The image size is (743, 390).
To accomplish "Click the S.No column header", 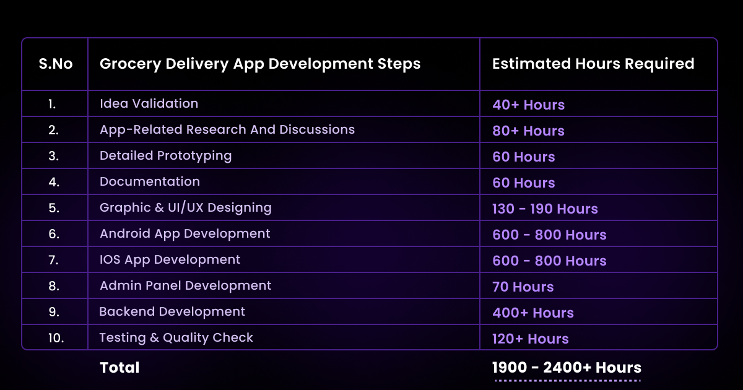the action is [x=56, y=64].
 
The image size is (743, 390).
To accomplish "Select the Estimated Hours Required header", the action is [x=593, y=64].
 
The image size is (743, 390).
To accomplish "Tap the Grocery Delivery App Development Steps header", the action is [x=260, y=64].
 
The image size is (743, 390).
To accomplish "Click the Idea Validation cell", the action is [x=149, y=103].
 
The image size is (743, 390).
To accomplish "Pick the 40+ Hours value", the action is [x=528, y=105].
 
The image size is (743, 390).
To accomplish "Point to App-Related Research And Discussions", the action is [x=227, y=129].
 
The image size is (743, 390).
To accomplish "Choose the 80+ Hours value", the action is [x=528, y=131].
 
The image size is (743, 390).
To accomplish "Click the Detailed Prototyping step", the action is [x=165, y=156].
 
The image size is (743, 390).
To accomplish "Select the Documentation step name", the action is [x=150, y=181].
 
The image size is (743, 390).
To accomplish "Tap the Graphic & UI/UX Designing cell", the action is [x=186, y=208].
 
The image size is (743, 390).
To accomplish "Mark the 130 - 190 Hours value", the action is [x=545, y=209].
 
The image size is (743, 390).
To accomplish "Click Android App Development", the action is [x=185, y=234].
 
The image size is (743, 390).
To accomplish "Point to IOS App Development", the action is [x=170, y=259].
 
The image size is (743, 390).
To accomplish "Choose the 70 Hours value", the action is [x=523, y=287].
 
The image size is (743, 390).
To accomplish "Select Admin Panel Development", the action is [x=185, y=285].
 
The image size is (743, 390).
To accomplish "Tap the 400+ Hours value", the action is [x=533, y=313].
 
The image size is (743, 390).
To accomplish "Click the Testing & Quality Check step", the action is [x=176, y=337].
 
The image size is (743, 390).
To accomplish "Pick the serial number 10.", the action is [x=56, y=338].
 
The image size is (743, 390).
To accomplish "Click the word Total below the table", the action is [x=119, y=368].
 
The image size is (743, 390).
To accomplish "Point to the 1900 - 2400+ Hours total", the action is [x=567, y=368].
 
